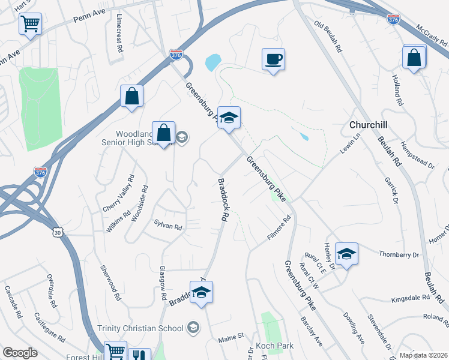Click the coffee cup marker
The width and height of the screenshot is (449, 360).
point(273,59)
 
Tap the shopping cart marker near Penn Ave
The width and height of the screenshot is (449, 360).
point(30,24)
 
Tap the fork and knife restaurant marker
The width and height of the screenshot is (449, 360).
point(140,354)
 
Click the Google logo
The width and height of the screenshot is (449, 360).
point(20,353)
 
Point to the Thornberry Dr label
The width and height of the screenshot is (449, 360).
point(399,255)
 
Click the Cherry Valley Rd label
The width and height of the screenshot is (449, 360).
point(118,193)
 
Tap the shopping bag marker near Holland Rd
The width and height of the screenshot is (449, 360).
point(414,58)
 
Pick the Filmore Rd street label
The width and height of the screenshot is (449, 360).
point(279,229)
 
